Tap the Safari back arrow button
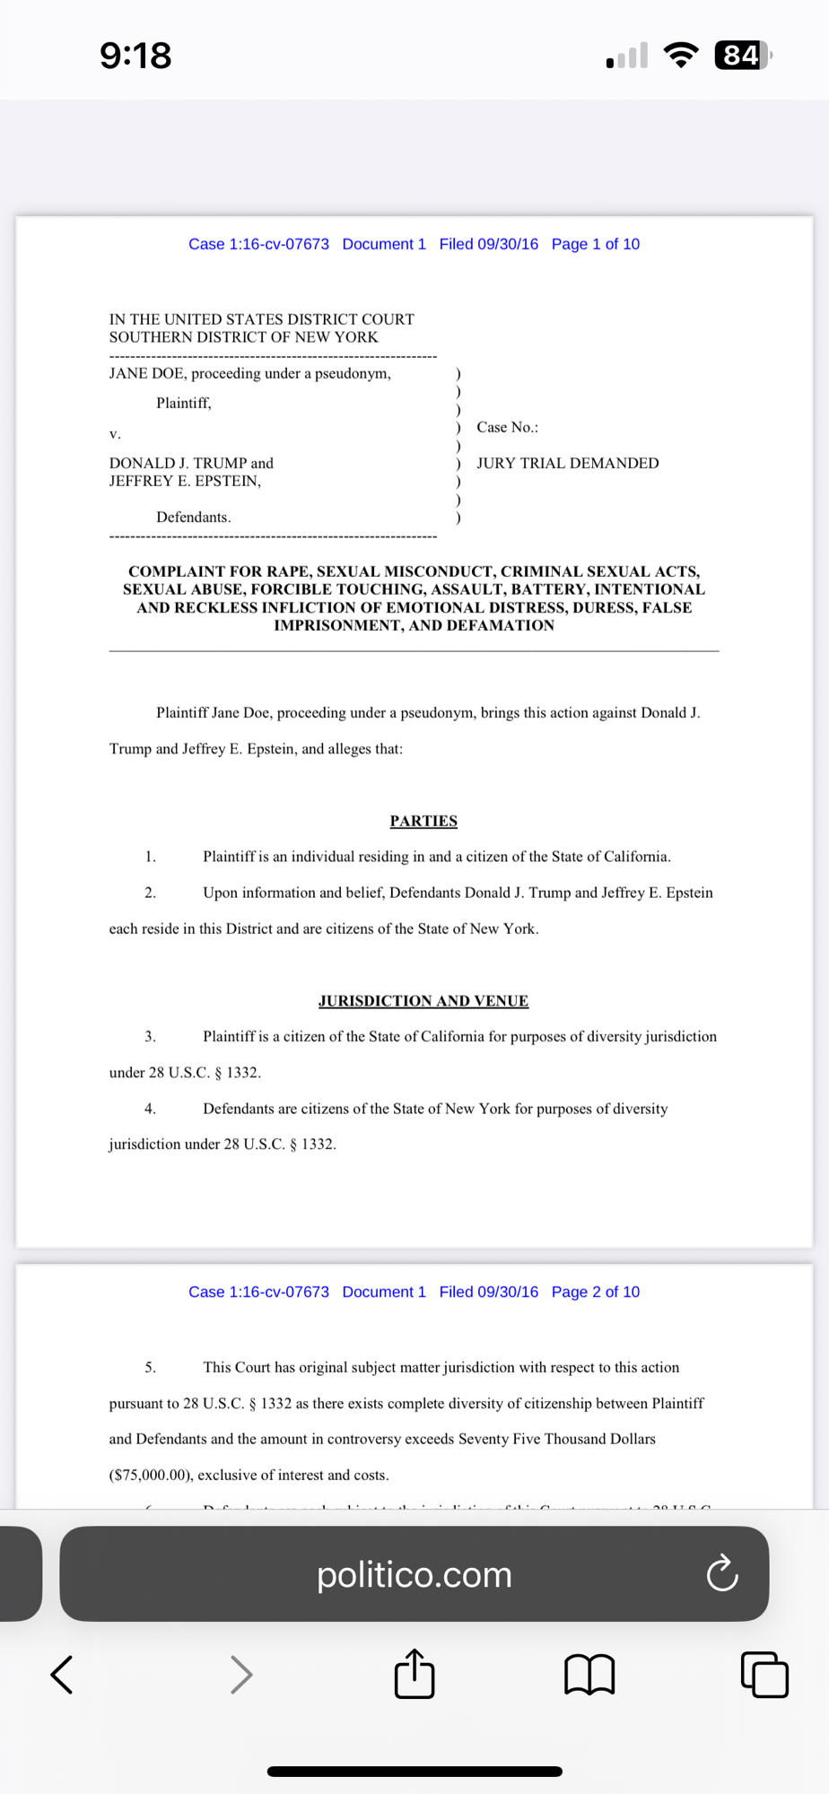point(61,1675)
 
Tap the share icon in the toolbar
point(414,1674)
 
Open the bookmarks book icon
point(589,1675)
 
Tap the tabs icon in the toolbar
point(764,1675)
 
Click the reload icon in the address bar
point(722,1573)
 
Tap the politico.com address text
point(414,1574)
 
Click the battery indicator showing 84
point(742,56)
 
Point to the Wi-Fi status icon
point(681,56)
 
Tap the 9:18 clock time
point(135,56)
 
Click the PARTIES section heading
point(423,821)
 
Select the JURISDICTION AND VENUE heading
point(423,1000)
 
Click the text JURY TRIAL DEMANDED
point(567,463)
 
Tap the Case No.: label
point(507,427)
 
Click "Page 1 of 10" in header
point(595,244)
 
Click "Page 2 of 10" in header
point(595,1292)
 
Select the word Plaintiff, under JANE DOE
point(184,403)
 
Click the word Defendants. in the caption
point(193,517)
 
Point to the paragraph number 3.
point(150,1036)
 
